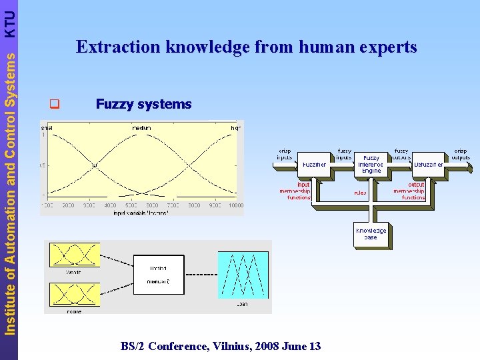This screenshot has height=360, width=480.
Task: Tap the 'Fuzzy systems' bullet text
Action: coord(143,104)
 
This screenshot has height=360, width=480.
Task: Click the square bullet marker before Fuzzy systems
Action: coord(55,104)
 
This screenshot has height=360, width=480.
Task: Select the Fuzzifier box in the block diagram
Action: coord(314,164)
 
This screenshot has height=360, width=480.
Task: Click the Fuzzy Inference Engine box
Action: coord(371,164)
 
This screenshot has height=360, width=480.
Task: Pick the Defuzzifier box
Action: coord(428,164)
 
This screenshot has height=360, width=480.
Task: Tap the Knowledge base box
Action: coord(371,234)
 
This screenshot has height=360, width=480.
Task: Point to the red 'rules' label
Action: coord(360,193)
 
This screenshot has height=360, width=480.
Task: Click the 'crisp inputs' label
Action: coord(285,155)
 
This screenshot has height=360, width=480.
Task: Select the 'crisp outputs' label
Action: coord(461,155)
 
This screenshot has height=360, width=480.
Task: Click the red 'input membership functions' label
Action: coord(295,191)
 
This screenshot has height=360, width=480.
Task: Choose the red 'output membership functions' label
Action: coord(409,191)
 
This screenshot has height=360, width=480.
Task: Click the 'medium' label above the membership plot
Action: coord(141,128)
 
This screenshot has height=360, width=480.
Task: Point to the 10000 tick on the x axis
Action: coord(235,205)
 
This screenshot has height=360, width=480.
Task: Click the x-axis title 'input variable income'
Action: coord(141,213)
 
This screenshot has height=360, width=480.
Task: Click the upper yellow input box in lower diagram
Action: coord(74,255)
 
